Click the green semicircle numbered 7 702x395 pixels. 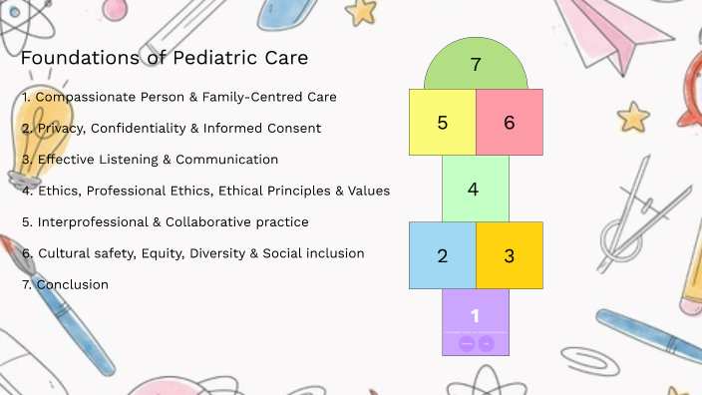[x=476, y=67]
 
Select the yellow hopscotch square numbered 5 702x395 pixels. [x=442, y=122]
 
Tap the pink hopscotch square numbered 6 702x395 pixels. [x=509, y=122]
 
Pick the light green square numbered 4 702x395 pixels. [x=475, y=189]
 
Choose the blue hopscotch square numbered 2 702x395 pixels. [x=442, y=254]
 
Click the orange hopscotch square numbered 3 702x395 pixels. [x=509, y=254]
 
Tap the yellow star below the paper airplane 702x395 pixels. [x=632, y=117]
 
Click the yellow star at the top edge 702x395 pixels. [x=362, y=11]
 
